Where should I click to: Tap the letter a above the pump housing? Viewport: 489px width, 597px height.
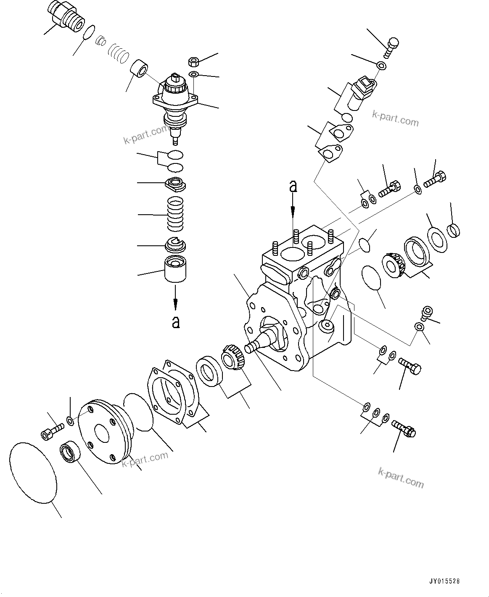tap(293, 187)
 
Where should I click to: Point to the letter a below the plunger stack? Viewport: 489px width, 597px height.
tap(176, 322)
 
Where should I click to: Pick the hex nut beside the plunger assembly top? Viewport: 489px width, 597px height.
tap(194, 62)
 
